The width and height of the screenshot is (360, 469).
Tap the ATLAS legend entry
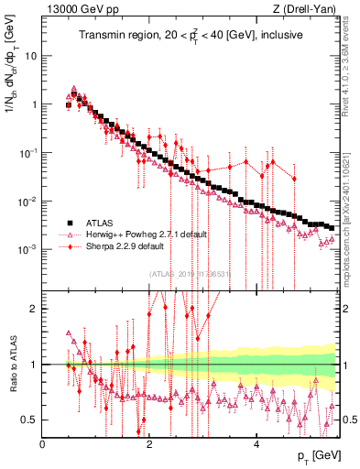tap(104, 223)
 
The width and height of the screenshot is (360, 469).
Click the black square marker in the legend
tap(69, 223)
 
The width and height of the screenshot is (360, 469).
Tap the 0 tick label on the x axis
tap(42, 443)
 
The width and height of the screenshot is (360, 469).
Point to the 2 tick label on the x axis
tap(149, 443)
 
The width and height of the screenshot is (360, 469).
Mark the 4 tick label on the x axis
tap(256, 443)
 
